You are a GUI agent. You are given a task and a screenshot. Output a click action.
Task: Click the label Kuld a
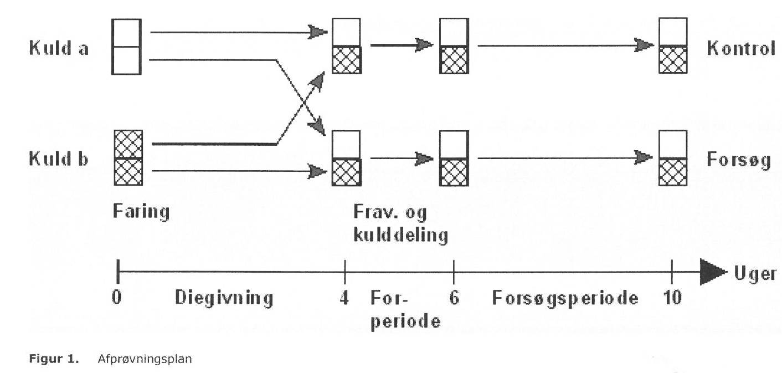coord(59,48)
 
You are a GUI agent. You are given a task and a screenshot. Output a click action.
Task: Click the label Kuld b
coord(59,159)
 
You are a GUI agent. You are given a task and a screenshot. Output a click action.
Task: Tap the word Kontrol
coord(740,49)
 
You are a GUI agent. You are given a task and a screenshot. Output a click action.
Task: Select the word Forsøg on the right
coord(739,160)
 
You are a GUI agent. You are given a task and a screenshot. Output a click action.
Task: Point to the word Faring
coord(141,212)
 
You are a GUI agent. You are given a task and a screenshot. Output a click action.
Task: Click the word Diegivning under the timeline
coord(224,299)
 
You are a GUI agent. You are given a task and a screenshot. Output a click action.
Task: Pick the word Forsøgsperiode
coord(565,299)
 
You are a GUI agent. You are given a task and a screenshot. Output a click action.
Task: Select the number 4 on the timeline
coord(344,299)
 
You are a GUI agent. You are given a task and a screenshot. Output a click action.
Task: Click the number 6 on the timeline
coord(454,299)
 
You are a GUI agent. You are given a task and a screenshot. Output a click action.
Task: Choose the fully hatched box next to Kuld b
coord(128,158)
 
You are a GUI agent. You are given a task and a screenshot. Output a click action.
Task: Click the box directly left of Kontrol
coord(673,45)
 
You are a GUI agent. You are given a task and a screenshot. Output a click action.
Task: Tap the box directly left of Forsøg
coord(673,158)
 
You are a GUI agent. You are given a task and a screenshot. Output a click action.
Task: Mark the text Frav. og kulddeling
coord(400,223)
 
